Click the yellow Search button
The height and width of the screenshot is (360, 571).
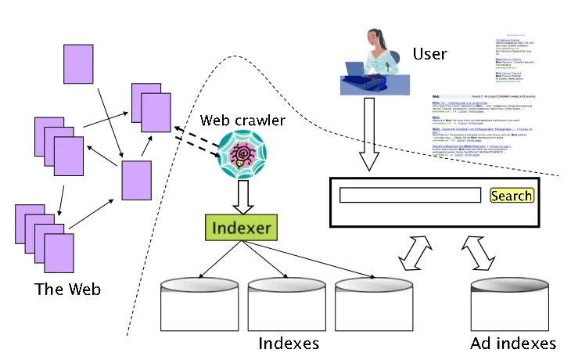511,196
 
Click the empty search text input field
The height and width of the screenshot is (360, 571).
409,196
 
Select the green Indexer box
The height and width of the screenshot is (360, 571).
241,229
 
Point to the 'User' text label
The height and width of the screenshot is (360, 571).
429,54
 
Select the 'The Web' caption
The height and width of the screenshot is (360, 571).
67,290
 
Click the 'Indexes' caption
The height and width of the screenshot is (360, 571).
289,344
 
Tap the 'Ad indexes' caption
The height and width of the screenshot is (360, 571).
513,344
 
